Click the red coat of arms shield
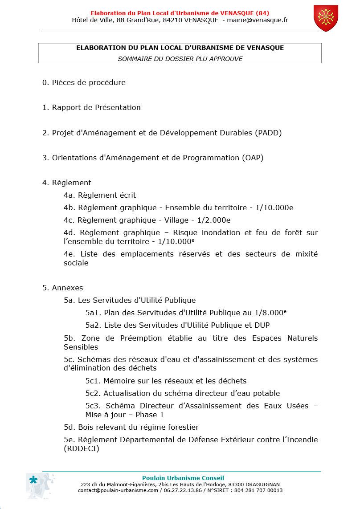pos(326,18)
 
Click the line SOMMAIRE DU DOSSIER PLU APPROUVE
pos(180,58)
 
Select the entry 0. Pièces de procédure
pos(84,82)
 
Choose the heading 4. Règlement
pos(67,183)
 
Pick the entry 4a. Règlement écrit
pos(100,195)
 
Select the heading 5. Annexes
pos(63,288)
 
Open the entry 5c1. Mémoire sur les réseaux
pos(166,381)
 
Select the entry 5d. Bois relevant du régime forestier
pos(131,427)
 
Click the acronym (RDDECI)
pos(82,448)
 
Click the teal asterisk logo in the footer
pos(33,480)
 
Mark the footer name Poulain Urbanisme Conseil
pos(183,478)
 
